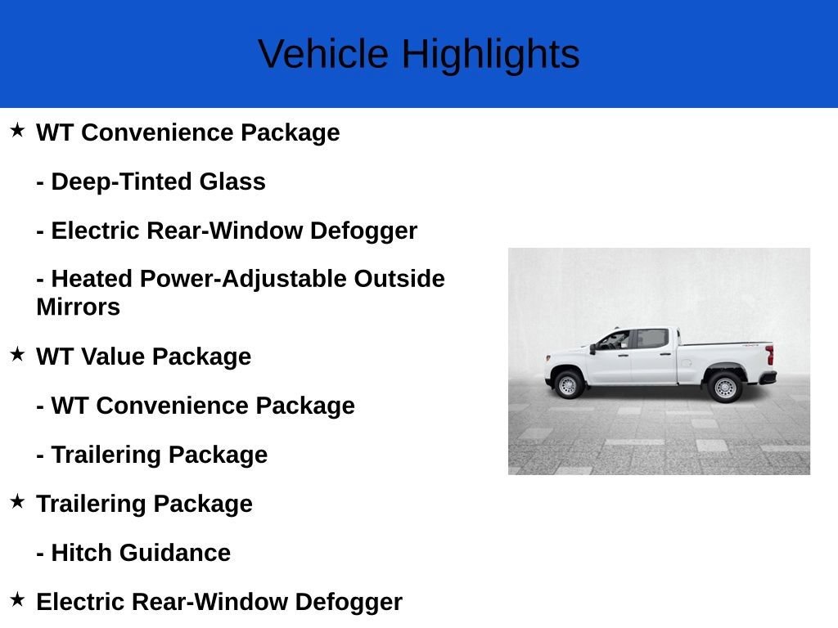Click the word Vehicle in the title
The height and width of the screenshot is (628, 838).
[x=323, y=54]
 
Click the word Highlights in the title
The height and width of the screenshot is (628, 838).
[x=491, y=55]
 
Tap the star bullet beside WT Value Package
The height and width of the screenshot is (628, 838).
[x=17, y=354]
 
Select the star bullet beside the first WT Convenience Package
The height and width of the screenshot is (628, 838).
[x=17, y=130]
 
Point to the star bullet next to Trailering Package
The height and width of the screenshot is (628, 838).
[x=17, y=501]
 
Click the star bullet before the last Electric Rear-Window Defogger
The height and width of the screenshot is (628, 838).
[x=17, y=599]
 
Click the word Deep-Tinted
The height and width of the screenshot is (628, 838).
[x=121, y=182]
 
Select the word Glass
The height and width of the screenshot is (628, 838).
[x=232, y=182]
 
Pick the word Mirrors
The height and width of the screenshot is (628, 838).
[x=79, y=307]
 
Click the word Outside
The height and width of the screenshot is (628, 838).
[x=399, y=279]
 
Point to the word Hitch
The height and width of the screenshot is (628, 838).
[x=82, y=553]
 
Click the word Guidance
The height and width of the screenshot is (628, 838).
[x=175, y=553]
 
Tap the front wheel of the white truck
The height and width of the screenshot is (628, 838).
[x=568, y=384]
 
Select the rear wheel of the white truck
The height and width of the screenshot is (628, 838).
[x=725, y=387]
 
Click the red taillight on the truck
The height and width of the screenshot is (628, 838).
[x=769, y=355]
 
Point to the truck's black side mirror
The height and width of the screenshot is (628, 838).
[x=592, y=349]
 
